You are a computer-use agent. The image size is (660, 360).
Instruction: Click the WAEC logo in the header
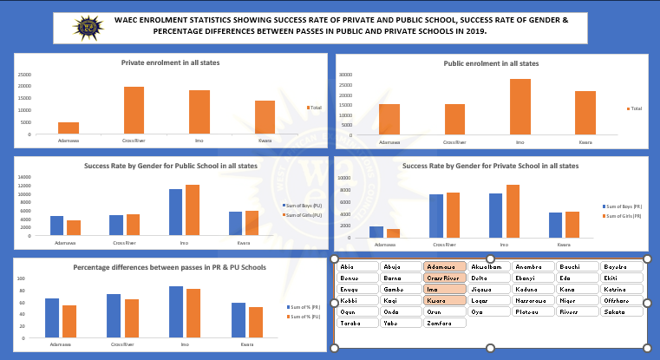point(87,27)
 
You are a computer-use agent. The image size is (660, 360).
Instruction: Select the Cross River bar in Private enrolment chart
point(134,110)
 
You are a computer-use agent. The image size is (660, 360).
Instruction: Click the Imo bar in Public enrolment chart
point(520,107)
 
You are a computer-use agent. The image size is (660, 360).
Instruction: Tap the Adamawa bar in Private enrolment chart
point(69,128)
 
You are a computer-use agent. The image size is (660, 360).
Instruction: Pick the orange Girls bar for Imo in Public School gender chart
point(192,210)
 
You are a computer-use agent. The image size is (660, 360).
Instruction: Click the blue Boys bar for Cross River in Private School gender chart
point(436,216)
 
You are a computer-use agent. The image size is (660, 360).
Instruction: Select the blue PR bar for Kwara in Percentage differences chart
point(239,320)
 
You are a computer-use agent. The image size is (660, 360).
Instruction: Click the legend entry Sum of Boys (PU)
point(304,205)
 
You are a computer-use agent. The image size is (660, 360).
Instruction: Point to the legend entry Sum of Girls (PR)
point(624,216)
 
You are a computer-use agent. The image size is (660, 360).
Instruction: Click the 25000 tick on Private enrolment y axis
point(23,74)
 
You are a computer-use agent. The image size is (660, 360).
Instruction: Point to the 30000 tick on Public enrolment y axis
point(345,75)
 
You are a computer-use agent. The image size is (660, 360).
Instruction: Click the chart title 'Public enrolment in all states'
point(491,63)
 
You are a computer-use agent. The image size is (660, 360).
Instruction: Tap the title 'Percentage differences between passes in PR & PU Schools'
point(170,267)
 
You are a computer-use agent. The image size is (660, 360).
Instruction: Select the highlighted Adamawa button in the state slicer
point(444,266)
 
